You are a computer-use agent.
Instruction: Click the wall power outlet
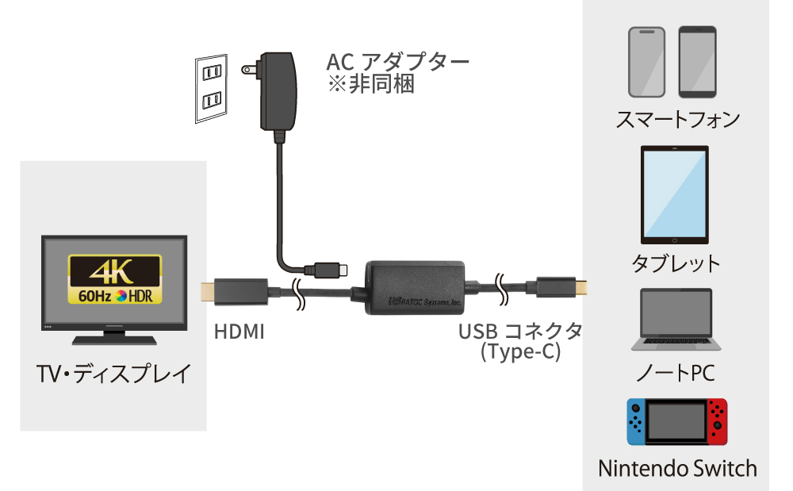tap(212, 88)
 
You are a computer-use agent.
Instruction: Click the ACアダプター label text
tap(397, 62)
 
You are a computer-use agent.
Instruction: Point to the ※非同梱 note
tap(370, 84)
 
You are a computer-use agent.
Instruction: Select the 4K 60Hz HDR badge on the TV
tap(115, 279)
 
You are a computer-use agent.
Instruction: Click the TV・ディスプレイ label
tap(113, 373)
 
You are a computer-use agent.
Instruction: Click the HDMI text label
tap(239, 331)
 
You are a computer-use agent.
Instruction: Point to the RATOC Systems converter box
tap(416, 288)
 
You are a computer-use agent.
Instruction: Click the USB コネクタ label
tap(519, 331)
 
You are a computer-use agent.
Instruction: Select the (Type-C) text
tap(520, 352)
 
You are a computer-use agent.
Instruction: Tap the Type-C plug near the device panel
tap(561, 288)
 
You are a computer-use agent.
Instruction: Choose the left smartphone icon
tap(646, 62)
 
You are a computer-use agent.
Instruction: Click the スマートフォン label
tap(677, 120)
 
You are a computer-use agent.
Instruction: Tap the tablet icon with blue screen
tap(673, 195)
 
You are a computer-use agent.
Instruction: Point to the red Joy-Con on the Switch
tap(718, 420)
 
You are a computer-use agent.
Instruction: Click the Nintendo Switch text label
tap(677, 468)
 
